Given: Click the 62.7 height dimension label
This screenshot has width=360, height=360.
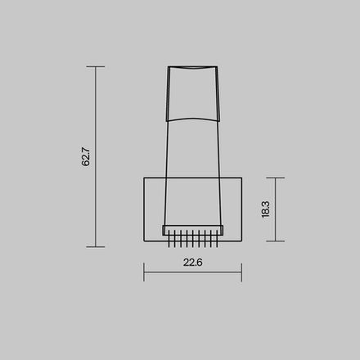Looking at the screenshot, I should (86, 156).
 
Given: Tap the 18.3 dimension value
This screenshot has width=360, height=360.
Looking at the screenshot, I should (265, 209).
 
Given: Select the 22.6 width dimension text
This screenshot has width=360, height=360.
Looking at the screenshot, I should (192, 263).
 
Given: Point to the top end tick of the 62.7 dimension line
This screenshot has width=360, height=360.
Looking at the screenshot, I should (96, 67).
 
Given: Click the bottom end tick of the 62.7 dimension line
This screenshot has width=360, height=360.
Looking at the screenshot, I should (96, 246).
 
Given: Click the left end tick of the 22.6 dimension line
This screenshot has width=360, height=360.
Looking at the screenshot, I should (144, 272).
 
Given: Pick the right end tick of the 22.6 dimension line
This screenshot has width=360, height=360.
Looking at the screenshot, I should (241, 272).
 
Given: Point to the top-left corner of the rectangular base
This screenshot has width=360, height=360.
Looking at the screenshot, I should (144, 178).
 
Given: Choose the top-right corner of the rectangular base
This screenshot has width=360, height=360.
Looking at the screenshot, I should (242, 178).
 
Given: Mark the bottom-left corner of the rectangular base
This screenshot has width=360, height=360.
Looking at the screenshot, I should (144, 241).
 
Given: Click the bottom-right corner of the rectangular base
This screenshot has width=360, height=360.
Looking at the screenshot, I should (242, 241).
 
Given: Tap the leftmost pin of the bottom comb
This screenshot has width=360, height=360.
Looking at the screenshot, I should (169, 240).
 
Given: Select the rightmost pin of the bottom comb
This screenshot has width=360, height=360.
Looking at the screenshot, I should (218, 240).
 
